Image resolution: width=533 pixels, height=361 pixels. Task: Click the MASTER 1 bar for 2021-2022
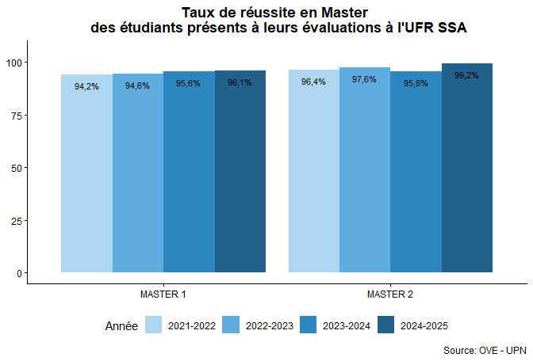(87, 174)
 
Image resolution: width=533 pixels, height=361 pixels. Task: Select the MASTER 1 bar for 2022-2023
(138, 174)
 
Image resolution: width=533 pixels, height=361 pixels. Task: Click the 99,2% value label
(466, 76)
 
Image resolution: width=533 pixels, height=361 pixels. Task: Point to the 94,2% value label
(86, 86)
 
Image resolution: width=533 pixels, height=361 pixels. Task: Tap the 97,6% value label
(364, 79)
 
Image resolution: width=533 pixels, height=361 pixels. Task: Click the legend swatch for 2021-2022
(154, 325)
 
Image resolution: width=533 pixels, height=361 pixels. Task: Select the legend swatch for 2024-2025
(386, 325)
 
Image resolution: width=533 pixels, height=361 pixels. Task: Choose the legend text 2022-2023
(270, 325)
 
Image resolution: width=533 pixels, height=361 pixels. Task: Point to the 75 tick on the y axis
(16, 115)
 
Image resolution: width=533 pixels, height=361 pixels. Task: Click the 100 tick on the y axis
(13, 63)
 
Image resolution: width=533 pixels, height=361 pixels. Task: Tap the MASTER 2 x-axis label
(390, 294)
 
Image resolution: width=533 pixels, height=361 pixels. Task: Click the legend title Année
(121, 325)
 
